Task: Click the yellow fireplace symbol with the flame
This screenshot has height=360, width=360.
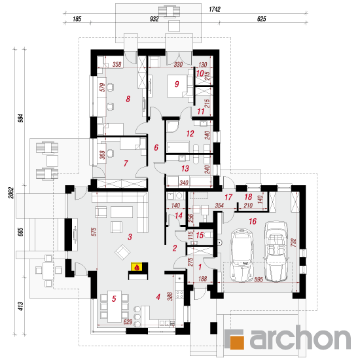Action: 137,267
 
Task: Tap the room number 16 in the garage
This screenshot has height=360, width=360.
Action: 253,221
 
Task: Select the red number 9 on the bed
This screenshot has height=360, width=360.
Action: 177,84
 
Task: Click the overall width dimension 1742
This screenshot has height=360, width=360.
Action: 215,9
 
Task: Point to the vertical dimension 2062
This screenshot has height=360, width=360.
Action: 11,193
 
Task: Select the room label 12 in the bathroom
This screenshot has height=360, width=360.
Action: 190,134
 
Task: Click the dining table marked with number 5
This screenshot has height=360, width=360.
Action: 115,306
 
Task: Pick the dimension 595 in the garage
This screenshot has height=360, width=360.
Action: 259,279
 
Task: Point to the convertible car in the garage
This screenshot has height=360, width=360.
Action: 276,251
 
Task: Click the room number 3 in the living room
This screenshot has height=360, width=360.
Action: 130,237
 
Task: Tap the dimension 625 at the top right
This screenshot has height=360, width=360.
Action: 262,19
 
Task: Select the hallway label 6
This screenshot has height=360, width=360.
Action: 156,147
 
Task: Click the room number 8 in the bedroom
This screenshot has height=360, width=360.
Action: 128,99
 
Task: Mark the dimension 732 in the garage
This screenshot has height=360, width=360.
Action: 293,243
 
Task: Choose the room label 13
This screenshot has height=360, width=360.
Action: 185,168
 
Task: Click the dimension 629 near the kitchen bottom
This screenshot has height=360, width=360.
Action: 128,322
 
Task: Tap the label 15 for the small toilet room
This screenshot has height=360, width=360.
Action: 200,235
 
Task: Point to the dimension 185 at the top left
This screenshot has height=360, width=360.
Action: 77,19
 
